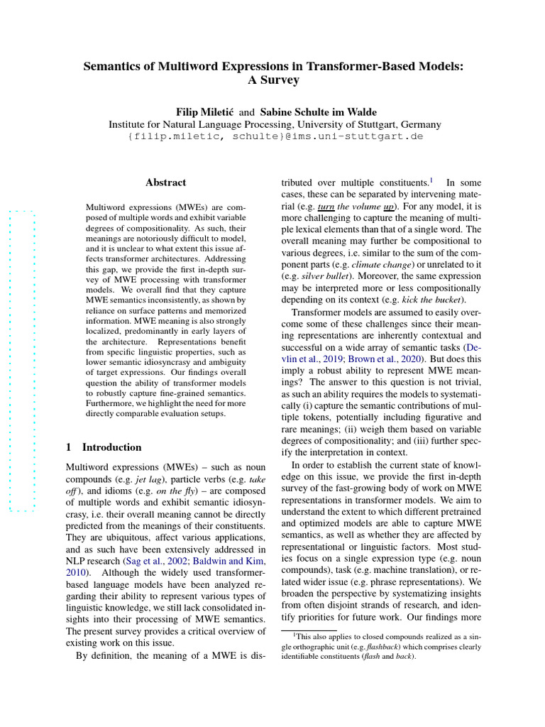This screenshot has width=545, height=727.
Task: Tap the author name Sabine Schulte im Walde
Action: (x=318, y=112)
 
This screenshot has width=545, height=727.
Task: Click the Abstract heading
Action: (x=165, y=182)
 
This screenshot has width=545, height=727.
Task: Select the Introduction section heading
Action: (x=111, y=447)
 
